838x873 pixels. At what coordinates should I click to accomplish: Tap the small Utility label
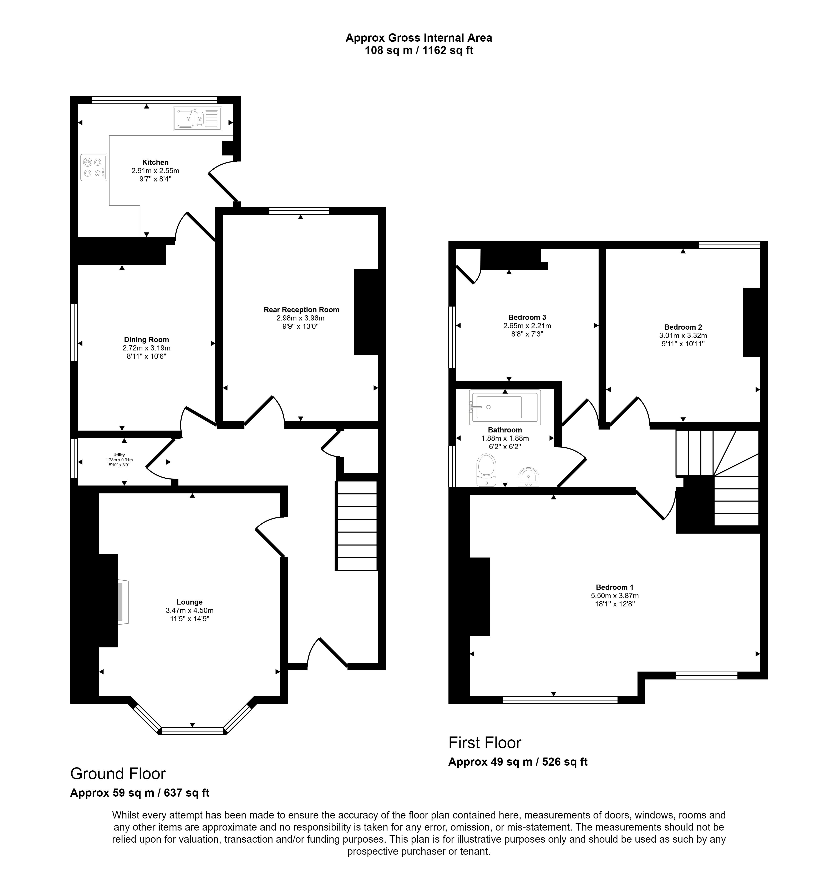point(119,455)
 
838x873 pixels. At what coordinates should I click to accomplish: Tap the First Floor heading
point(485,743)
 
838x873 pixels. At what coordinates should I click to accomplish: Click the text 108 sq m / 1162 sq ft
point(419,51)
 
